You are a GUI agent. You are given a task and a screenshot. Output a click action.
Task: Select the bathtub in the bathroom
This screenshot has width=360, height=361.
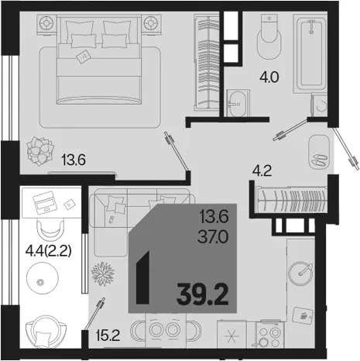(310, 53)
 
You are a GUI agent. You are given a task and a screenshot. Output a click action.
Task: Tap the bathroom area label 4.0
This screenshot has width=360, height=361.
(269, 77)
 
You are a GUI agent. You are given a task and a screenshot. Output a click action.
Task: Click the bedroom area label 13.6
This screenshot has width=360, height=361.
(74, 160)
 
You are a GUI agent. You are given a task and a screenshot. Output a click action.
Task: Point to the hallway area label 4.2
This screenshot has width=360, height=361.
(262, 171)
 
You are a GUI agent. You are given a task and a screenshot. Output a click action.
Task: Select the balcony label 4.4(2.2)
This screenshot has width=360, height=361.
(48, 251)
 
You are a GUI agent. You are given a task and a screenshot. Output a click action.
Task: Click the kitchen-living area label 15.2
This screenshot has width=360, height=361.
(108, 335)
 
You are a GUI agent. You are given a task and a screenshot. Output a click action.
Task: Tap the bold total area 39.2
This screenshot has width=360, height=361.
(203, 294)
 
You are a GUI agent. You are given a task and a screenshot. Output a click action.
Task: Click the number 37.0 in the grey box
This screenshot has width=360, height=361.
(213, 237)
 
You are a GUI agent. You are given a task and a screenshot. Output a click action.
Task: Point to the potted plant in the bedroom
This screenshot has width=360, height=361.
(40, 151)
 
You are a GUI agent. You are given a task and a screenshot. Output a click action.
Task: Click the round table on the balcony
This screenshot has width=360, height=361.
(43, 278)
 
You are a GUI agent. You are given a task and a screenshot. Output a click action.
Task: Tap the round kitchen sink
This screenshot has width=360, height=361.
(300, 273)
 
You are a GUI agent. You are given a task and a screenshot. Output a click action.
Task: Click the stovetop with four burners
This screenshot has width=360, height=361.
(269, 335)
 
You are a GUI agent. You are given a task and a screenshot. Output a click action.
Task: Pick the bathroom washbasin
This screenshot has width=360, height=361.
(238, 103)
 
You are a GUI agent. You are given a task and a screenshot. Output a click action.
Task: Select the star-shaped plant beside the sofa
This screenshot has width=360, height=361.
(103, 273)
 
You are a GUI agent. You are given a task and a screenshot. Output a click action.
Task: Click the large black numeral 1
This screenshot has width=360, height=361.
(143, 277)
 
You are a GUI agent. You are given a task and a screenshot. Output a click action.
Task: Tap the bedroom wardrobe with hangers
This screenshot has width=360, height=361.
(207, 63)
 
